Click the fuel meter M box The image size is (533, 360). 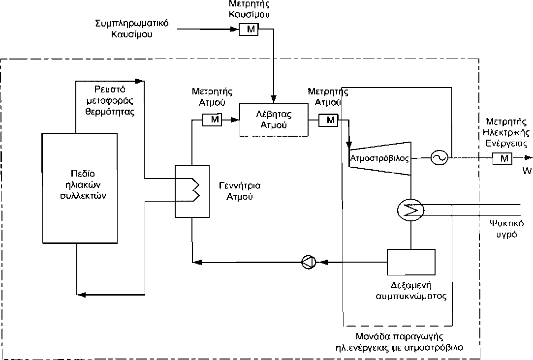click(251, 30)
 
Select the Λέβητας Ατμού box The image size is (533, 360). click(273, 120)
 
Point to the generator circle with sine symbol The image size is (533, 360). click(438, 158)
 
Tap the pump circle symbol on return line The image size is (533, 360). click(309, 262)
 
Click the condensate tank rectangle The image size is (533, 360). click(411, 262)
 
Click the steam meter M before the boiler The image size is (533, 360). click(213, 120)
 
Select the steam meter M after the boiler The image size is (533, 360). click(329, 120)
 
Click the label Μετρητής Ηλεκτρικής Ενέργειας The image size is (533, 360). click(506, 133)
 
